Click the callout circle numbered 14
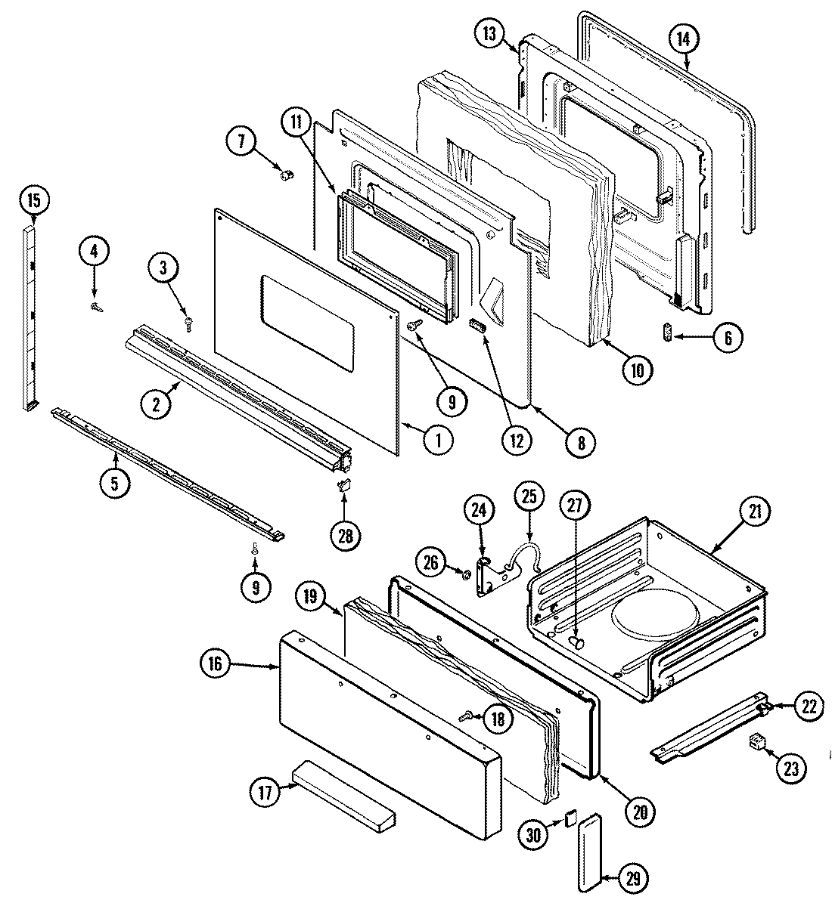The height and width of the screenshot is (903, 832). tap(683, 39)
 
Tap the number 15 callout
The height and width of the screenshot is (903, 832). tap(33, 201)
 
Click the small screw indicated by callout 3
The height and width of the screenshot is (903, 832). tap(188, 323)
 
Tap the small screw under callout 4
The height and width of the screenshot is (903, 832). tap(95, 306)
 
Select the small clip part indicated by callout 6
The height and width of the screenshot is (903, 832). tap(667, 333)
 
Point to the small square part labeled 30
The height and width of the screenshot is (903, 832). tap(570, 818)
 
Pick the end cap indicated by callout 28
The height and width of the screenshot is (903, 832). tap(343, 484)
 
